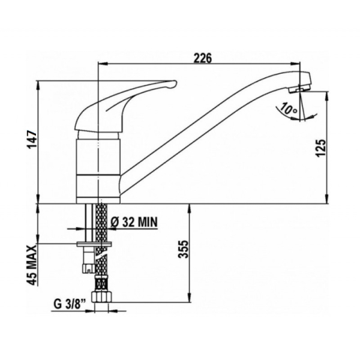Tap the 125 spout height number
click(x=321, y=148)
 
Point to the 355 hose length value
click(x=183, y=249)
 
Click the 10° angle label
click(x=289, y=109)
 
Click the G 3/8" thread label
click(x=70, y=304)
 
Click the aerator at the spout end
click(x=299, y=89)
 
